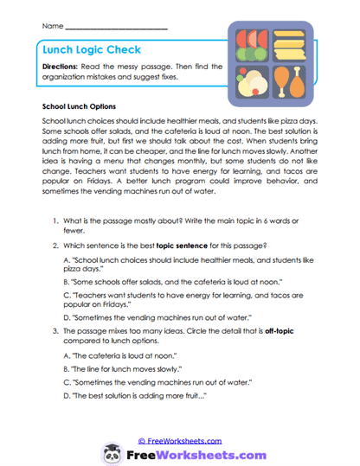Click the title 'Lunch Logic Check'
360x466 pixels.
92,51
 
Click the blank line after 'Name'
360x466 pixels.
116,28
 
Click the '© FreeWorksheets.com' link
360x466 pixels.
179,440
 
